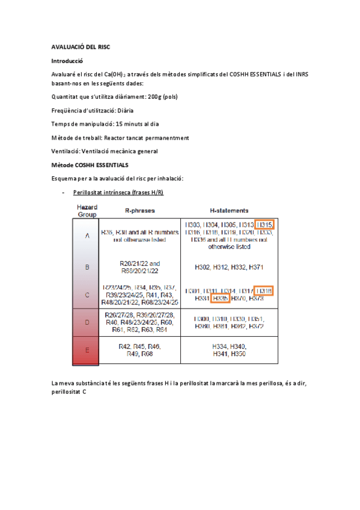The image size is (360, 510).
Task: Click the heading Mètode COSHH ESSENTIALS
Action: point(90,164)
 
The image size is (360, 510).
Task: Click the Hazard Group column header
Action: point(88,210)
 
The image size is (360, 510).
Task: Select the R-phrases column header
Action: point(139,211)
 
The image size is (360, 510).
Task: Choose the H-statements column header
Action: point(229,211)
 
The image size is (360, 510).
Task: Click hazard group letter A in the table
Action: point(88,236)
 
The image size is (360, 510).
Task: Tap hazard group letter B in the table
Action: point(88,266)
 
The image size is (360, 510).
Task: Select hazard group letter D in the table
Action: point(88,322)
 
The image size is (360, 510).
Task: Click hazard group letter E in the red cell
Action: point(88,351)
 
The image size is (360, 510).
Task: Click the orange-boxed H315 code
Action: point(264,225)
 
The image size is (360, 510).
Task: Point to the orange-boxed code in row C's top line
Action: point(264,290)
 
